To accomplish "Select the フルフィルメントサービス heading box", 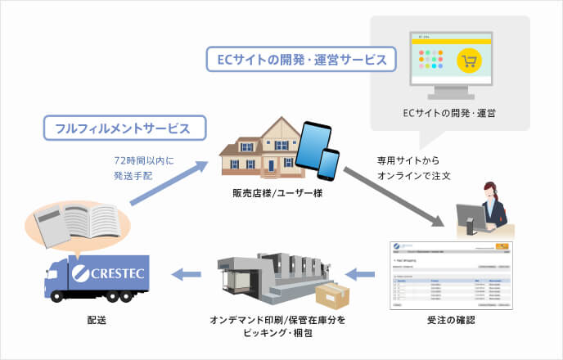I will [123, 128].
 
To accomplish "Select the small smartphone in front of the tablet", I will [328, 167].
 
